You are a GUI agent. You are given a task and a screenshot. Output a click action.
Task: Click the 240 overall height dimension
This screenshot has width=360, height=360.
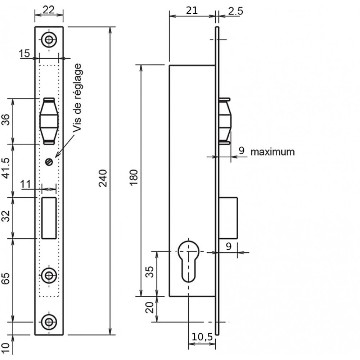point(103,178)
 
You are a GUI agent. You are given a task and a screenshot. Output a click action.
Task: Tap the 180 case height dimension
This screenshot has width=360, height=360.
point(134,177)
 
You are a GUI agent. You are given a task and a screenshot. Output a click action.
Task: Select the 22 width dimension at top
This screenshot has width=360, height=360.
point(49,10)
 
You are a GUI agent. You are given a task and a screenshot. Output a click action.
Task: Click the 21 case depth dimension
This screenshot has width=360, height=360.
point(192,10)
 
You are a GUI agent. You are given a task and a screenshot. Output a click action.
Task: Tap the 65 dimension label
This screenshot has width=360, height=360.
point(6,279)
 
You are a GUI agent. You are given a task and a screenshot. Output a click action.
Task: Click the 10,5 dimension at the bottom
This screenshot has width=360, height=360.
point(202,337)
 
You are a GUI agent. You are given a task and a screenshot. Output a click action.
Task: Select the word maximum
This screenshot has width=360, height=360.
point(273,152)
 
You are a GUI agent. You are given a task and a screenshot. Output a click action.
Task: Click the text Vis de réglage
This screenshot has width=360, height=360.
point(77,98)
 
